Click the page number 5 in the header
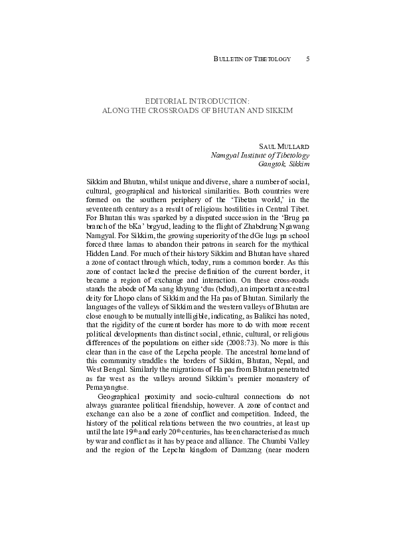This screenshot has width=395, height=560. point(308,59)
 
